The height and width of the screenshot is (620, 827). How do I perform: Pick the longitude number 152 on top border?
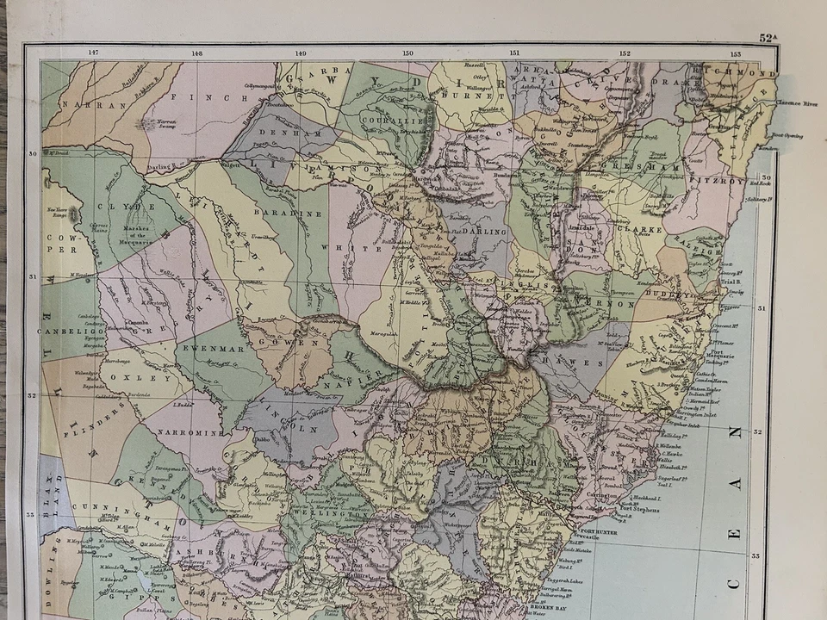coord(625,53)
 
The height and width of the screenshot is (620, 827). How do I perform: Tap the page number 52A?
coord(768,37)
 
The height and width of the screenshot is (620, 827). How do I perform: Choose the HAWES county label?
coord(583,363)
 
